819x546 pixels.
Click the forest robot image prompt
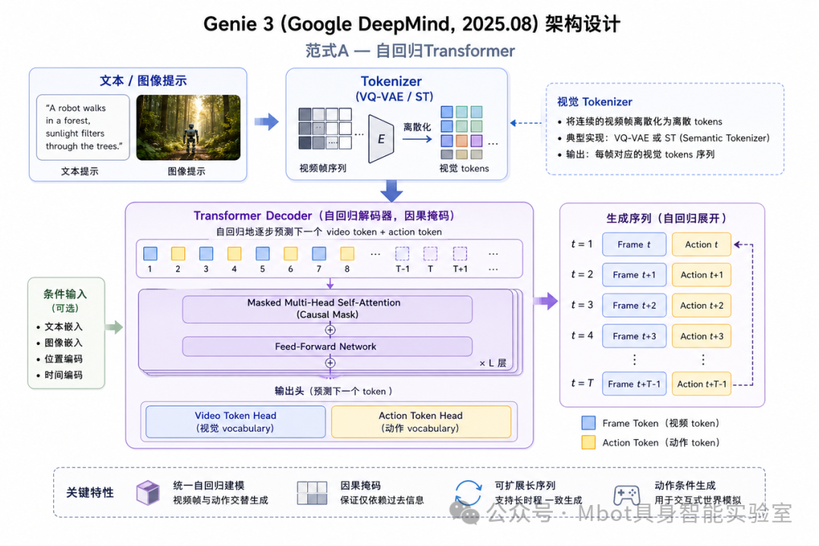[189, 127]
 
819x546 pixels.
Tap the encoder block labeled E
[381, 139]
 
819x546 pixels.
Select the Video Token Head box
[236, 422]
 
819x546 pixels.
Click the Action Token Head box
[421, 422]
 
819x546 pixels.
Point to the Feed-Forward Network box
[327, 347]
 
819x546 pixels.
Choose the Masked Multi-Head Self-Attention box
[327, 309]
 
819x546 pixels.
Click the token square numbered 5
[262, 253]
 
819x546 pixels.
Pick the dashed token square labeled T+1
[460, 253]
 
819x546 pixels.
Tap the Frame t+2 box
[634, 306]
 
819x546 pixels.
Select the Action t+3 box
[701, 337]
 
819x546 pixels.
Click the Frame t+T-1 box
[634, 384]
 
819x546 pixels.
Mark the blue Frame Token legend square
[588, 422]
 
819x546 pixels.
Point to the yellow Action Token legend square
[588, 443]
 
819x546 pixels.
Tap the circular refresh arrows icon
[468, 493]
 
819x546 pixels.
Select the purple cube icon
[149, 493]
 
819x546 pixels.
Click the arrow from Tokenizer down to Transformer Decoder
[391, 191]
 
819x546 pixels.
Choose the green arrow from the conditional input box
[114, 328]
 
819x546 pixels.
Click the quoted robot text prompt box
[83, 127]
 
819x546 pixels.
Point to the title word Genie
[238, 24]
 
